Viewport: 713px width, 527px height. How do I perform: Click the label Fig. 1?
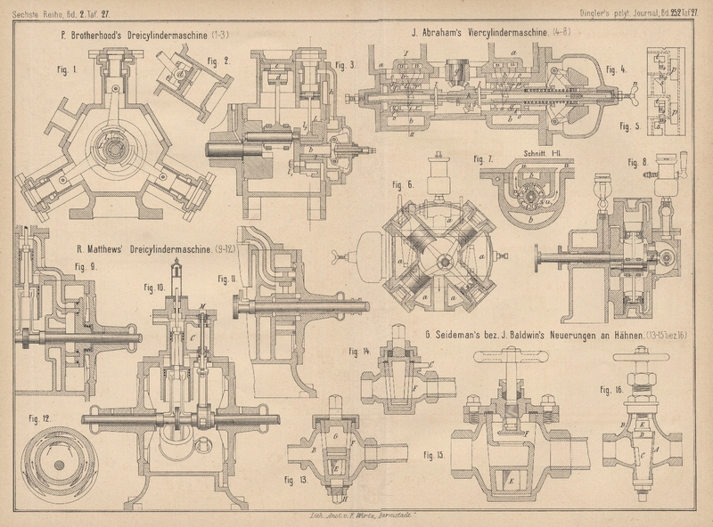[x=69, y=69]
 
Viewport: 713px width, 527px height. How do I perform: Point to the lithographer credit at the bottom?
[x=356, y=517]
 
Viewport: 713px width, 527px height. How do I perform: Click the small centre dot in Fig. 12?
[x=59, y=464]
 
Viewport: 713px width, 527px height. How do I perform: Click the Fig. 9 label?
[x=85, y=264]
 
